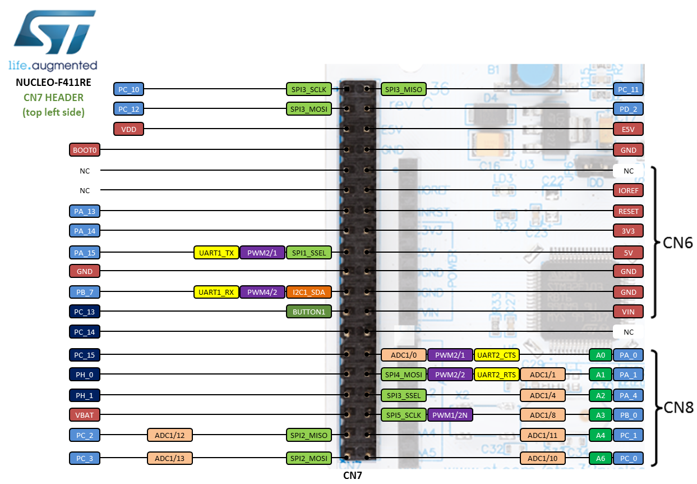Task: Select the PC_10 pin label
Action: click(x=129, y=89)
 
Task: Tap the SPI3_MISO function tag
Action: click(x=403, y=89)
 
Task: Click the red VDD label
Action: click(x=129, y=129)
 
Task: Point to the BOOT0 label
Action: click(x=85, y=149)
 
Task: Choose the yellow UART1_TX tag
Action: click(x=216, y=252)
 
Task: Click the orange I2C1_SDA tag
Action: click(x=308, y=292)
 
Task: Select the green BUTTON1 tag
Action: click(x=308, y=312)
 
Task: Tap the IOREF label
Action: click(x=628, y=190)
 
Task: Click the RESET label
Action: click(x=628, y=211)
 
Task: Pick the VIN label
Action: click(x=628, y=312)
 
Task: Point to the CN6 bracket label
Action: click(x=677, y=243)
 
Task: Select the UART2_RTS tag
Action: click(x=496, y=374)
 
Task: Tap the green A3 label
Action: click(x=600, y=415)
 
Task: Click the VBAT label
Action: click(x=85, y=415)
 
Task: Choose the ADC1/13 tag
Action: click(x=170, y=458)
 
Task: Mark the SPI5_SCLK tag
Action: click(x=403, y=415)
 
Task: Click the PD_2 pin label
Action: click(x=628, y=108)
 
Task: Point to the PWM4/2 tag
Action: click(x=262, y=292)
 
